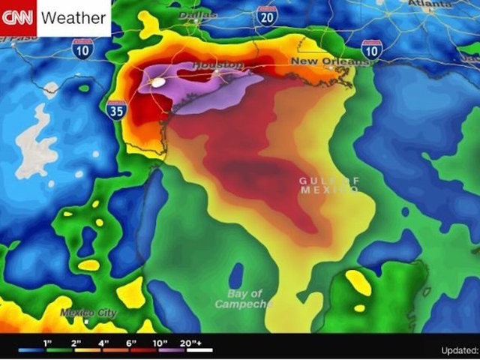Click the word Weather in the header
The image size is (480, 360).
click(73, 17)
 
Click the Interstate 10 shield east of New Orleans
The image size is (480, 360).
click(371, 49)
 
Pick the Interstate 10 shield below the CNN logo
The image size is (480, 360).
click(83, 49)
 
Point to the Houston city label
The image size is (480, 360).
click(218, 66)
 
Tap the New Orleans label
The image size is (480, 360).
click(329, 61)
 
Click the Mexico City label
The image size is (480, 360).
click(88, 312)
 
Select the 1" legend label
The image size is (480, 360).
click(46, 343)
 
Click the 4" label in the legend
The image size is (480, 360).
click(103, 343)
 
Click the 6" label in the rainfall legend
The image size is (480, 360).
click(132, 343)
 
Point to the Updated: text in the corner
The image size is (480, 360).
click(457, 349)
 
